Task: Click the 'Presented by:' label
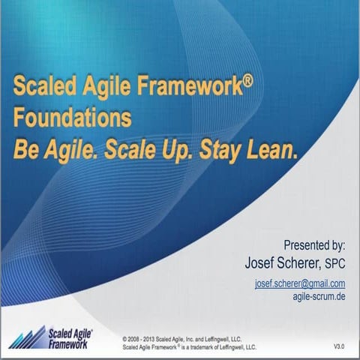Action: click(314, 244)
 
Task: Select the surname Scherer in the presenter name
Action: click(299, 262)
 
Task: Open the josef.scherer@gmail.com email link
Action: click(300, 283)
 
